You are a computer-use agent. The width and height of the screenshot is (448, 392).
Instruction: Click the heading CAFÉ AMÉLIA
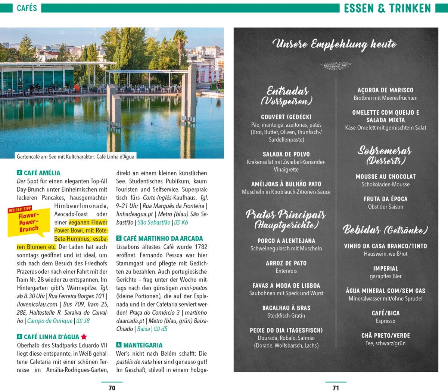42,173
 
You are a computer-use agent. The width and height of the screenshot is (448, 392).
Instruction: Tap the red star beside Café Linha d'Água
84,337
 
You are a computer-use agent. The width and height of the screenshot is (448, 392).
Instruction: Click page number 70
112,388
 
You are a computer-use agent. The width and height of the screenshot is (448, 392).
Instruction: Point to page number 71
336,388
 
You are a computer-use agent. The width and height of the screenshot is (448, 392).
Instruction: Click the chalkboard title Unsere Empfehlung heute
335,44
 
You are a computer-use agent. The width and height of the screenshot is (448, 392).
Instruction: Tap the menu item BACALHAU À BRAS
286,308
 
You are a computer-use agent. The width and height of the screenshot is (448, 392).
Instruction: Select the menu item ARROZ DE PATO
286,263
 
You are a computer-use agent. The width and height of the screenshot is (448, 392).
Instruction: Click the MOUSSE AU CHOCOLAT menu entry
385,176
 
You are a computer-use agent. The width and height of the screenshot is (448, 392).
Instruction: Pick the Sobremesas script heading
385,151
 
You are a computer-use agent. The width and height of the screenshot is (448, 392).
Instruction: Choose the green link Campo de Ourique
50,321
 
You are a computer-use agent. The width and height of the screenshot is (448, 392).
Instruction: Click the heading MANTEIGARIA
143,345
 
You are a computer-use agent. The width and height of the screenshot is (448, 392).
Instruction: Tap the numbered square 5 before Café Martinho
119,238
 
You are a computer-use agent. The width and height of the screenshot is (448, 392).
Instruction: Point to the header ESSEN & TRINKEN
387,8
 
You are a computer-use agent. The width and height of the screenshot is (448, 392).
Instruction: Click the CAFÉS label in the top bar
27,8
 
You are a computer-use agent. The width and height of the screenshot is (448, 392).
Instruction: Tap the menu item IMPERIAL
385,268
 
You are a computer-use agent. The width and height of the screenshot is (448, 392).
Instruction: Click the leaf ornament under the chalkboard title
336,66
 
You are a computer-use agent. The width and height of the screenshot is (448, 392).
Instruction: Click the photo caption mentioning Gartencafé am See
75,157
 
